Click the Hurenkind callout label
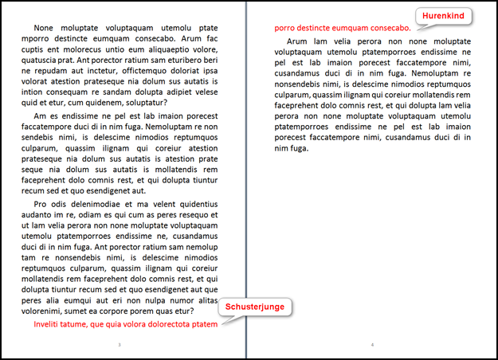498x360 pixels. click(444, 16)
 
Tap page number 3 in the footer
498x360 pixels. click(119, 345)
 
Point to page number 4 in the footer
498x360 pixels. click(372, 345)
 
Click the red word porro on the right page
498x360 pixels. click(286, 27)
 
